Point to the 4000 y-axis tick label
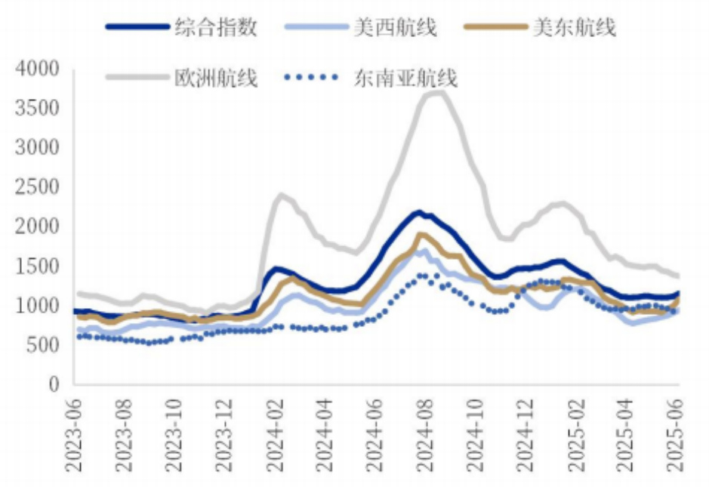point(37,69)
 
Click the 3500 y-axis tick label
point(37,109)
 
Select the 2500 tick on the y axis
point(37,187)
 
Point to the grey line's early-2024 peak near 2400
point(281,195)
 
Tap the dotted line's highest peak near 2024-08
point(421,276)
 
